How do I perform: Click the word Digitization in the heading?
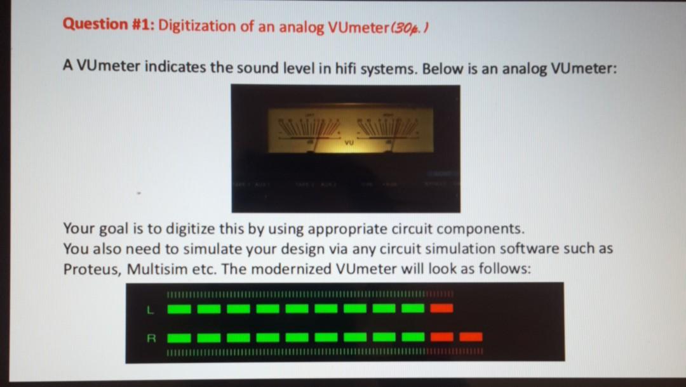(197, 27)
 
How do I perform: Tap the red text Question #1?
(109, 25)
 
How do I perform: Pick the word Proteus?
(92, 268)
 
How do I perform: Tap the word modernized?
(295, 268)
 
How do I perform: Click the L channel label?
(149, 309)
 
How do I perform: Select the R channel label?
(150, 337)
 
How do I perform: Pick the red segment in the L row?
(441, 308)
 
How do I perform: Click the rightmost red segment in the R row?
(471, 336)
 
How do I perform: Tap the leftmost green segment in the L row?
(179, 309)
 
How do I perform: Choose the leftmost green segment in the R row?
(179, 337)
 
